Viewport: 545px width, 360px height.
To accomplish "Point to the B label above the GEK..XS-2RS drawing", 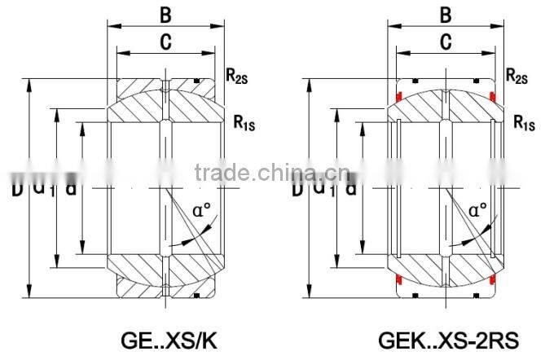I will pyautogui.click(x=446, y=14).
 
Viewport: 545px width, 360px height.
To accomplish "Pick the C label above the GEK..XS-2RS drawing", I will pyautogui.click(x=446, y=43).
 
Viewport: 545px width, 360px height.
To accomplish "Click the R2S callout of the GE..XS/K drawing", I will pyautogui.click(x=236, y=77).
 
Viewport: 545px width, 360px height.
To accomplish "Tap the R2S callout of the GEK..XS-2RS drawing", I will pyautogui.click(x=516, y=77).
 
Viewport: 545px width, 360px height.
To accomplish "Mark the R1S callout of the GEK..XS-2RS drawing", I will pyautogui.click(x=524, y=123).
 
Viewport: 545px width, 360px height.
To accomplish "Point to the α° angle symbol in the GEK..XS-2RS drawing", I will pyautogui.click(x=480, y=209).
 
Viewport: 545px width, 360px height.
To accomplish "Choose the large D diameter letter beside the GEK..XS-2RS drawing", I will pyautogui.click(x=298, y=189).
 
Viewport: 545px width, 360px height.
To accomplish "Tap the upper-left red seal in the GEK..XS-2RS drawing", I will pyautogui.click(x=399, y=99).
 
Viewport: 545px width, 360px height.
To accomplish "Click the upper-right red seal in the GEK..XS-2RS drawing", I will pyautogui.click(x=492, y=99).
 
